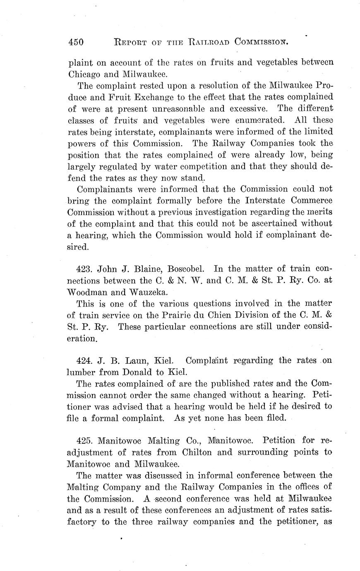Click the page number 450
click(x=76, y=42)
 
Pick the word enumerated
click(x=247, y=121)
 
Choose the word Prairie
click(x=195, y=315)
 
